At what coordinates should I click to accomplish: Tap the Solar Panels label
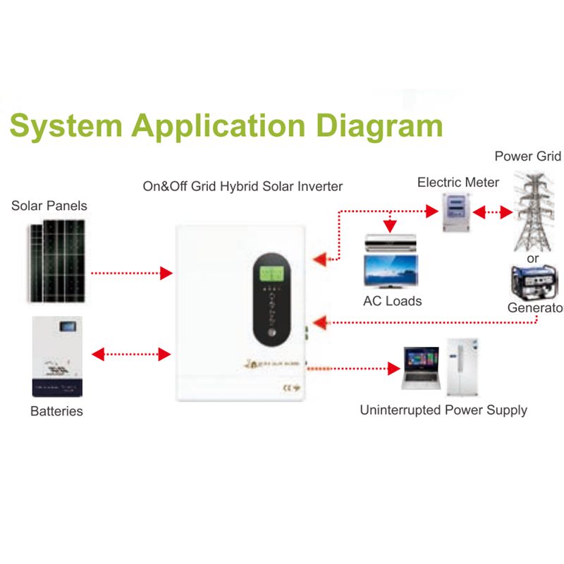click(x=49, y=206)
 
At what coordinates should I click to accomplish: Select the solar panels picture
click(x=57, y=260)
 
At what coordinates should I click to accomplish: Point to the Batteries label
click(x=56, y=411)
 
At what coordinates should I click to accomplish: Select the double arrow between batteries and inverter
click(x=132, y=354)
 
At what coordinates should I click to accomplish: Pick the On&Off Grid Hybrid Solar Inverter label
click(x=243, y=186)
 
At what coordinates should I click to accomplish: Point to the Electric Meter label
click(x=458, y=183)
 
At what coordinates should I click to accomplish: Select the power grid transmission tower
click(x=533, y=208)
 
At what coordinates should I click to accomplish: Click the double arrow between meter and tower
click(x=493, y=211)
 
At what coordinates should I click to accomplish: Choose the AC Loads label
click(x=392, y=301)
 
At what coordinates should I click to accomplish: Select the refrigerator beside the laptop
click(x=464, y=366)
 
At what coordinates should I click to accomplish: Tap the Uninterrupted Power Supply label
click(x=443, y=410)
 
